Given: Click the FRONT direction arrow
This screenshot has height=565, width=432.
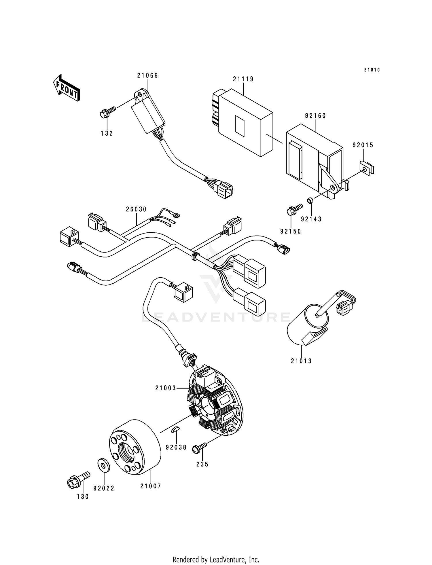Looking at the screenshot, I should tap(67, 88).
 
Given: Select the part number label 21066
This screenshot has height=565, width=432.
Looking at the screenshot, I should tap(147, 76).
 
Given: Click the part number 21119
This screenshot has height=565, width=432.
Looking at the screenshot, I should tap(243, 79).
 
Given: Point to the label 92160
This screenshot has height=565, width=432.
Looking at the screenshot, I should tap(315, 116).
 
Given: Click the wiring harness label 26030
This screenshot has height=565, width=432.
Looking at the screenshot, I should tap(136, 209).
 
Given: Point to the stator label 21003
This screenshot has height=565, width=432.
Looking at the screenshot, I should tap(166, 388).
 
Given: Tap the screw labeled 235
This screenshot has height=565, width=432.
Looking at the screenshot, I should tap(200, 447).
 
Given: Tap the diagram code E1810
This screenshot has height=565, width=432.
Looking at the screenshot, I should tap(372, 70).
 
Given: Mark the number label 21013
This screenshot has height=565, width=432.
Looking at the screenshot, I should tap(301, 361).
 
